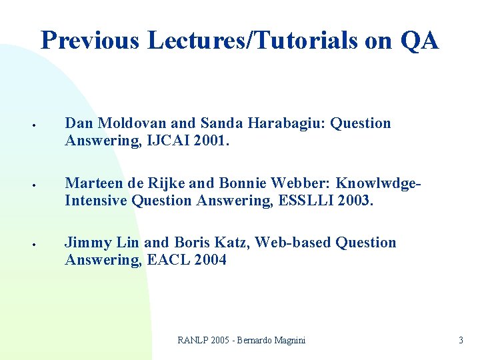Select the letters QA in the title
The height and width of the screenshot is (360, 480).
pos(420,41)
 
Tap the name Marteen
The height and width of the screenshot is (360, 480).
pos(92,183)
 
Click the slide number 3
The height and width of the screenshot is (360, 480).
pos(461,341)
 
